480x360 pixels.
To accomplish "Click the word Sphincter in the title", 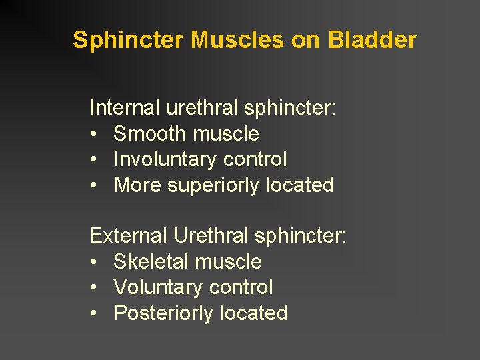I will click(129, 41).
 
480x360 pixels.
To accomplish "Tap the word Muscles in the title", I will click(238, 41).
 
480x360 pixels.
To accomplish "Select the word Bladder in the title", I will click(372, 41).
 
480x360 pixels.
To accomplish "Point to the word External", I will click(129, 236).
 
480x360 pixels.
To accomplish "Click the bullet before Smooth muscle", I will click(94, 135).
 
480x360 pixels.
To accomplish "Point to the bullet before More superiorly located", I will click(94, 186).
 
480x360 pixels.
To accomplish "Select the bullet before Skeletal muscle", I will click(94, 263).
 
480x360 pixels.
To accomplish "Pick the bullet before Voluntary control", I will click(94, 288).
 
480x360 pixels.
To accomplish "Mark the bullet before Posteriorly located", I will click(94, 314).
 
